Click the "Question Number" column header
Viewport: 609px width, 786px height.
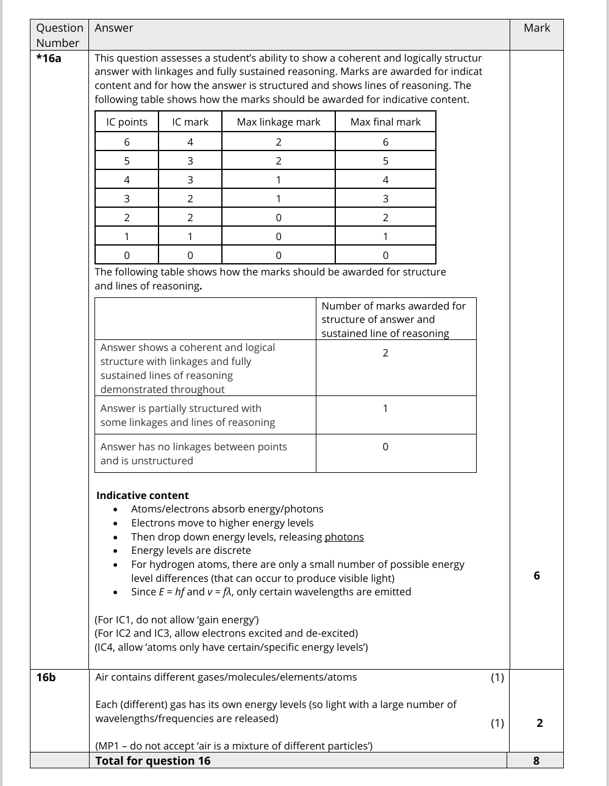(59, 35)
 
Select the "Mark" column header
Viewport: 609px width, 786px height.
(536, 28)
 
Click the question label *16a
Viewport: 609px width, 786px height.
(49, 58)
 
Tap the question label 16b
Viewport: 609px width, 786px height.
(46, 678)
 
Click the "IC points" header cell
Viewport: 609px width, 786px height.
(127, 122)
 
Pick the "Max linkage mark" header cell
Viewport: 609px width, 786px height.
(279, 122)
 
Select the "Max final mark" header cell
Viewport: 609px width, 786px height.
(385, 122)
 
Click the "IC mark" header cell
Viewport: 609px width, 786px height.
(190, 122)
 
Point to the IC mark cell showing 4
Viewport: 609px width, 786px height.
(190, 142)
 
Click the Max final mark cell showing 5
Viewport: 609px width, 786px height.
(385, 161)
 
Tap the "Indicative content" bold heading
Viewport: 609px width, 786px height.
(143, 495)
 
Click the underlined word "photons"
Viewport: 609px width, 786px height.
(344, 537)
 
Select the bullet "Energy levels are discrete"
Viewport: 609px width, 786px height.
(191, 550)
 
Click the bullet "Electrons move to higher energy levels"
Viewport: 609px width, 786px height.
(222, 523)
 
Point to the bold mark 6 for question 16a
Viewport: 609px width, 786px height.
(536, 576)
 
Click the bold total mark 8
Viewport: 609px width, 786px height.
(536, 760)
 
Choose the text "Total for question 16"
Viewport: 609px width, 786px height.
(153, 760)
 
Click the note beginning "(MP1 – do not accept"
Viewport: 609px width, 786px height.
(234, 746)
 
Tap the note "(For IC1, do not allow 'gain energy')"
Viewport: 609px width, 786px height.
(177, 620)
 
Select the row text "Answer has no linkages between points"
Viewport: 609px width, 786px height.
(193, 447)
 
